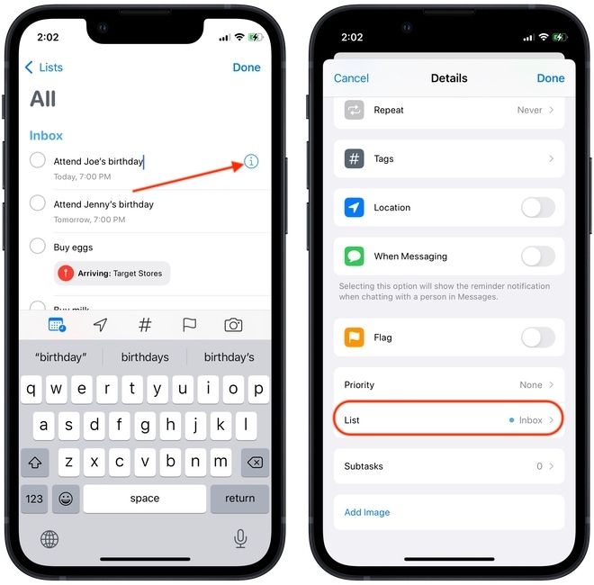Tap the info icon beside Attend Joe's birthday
tap(251, 162)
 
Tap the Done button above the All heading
tap(247, 67)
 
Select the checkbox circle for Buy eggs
tap(38, 246)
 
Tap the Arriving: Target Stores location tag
tap(112, 274)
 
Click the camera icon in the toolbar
tap(233, 325)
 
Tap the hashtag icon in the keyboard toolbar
tap(145, 325)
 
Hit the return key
tap(239, 498)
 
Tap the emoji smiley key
tap(66, 498)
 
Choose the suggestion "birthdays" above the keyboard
tap(145, 357)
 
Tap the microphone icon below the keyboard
tap(240, 538)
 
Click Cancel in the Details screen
tap(351, 78)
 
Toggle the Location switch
tap(537, 208)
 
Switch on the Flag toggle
tap(537, 337)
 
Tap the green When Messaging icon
tap(355, 256)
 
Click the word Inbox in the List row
tap(530, 420)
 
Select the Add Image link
tap(367, 512)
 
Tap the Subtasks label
tap(364, 466)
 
